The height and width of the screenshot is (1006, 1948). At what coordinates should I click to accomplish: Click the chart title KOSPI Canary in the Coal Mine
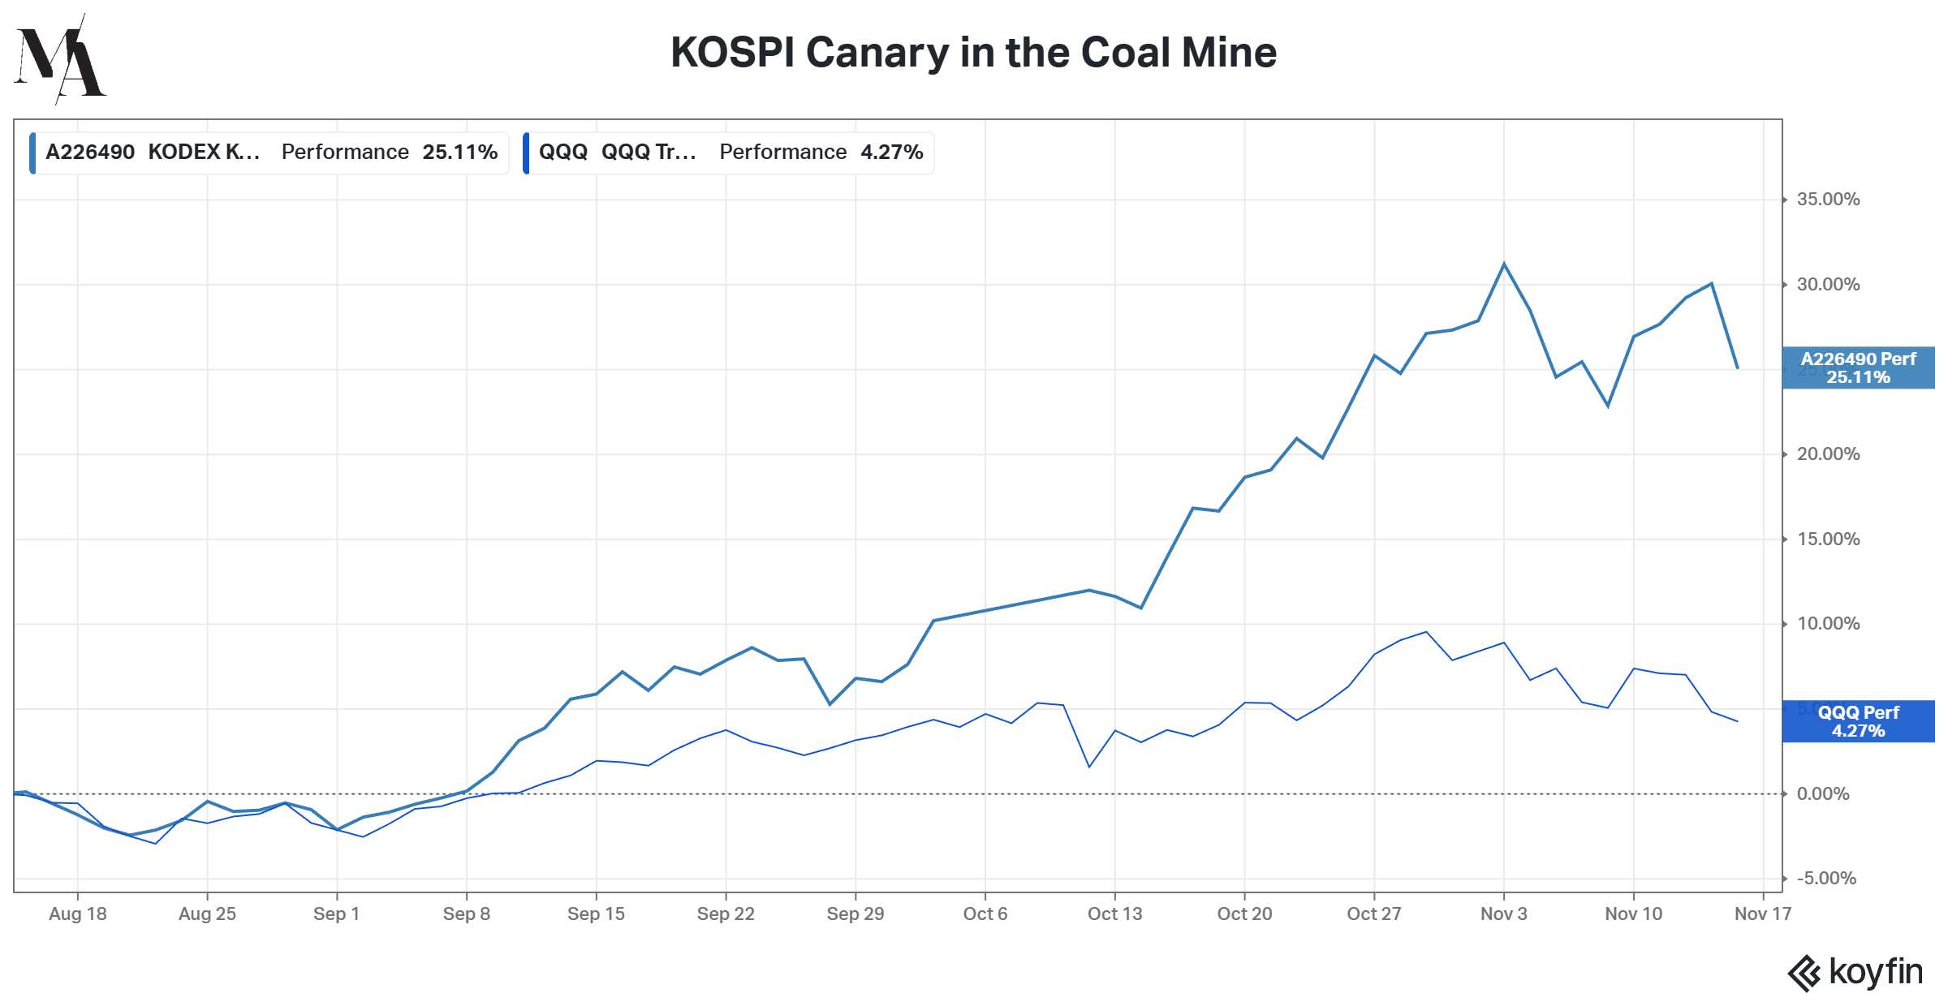[973, 53]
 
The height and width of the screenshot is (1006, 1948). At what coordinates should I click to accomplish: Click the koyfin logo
[1855, 972]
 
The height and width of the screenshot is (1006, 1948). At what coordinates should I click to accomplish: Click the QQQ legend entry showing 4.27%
[729, 153]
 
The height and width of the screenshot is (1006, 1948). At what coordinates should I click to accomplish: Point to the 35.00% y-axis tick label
[1828, 200]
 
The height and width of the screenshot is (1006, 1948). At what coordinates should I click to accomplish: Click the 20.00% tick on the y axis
[1828, 454]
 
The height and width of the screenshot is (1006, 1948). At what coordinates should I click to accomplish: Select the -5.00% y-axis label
[1826, 879]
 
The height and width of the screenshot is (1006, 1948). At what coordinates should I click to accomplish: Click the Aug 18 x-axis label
[78, 914]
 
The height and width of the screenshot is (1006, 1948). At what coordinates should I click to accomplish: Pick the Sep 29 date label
[855, 914]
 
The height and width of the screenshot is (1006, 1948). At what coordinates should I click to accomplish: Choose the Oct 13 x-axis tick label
[1114, 914]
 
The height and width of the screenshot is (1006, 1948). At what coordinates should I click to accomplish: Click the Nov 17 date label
[1762, 914]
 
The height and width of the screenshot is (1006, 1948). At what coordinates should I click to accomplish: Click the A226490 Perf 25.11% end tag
[1858, 368]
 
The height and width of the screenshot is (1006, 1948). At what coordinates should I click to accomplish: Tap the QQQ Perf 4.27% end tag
[1858, 722]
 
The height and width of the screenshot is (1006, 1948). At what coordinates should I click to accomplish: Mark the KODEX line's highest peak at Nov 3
[1504, 264]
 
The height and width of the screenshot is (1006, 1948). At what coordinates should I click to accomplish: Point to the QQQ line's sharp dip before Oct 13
[1088, 767]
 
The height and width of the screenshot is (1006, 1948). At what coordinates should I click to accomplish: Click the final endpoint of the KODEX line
[1737, 368]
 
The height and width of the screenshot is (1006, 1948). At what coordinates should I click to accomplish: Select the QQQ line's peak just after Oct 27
[1426, 632]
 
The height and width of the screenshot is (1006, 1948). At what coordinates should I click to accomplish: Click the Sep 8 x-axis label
[467, 914]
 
